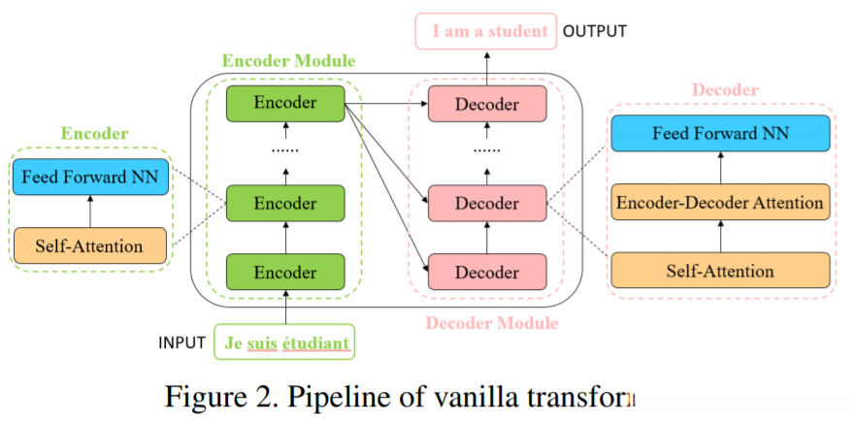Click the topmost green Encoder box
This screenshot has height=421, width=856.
click(285, 104)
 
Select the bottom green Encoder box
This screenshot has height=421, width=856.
click(285, 273)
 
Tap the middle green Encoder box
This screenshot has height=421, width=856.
click(285, 204)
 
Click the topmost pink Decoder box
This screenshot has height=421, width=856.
click(487, 104)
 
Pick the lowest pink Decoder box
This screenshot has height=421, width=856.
click(487, 273)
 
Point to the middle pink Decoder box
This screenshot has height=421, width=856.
click(487, 204)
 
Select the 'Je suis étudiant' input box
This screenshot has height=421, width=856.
click(286, 342)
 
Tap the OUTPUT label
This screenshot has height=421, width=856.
click(595, 31)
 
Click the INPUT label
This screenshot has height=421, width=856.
click(182, 342)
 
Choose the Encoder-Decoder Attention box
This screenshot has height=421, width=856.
click(720, 203)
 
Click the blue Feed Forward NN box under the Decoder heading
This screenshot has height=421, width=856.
click(720, 133)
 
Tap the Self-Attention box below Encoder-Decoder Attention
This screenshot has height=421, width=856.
click(720, 271)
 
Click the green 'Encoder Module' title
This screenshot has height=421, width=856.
click(288, 60)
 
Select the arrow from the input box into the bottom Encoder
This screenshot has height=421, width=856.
click(286, 308)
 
